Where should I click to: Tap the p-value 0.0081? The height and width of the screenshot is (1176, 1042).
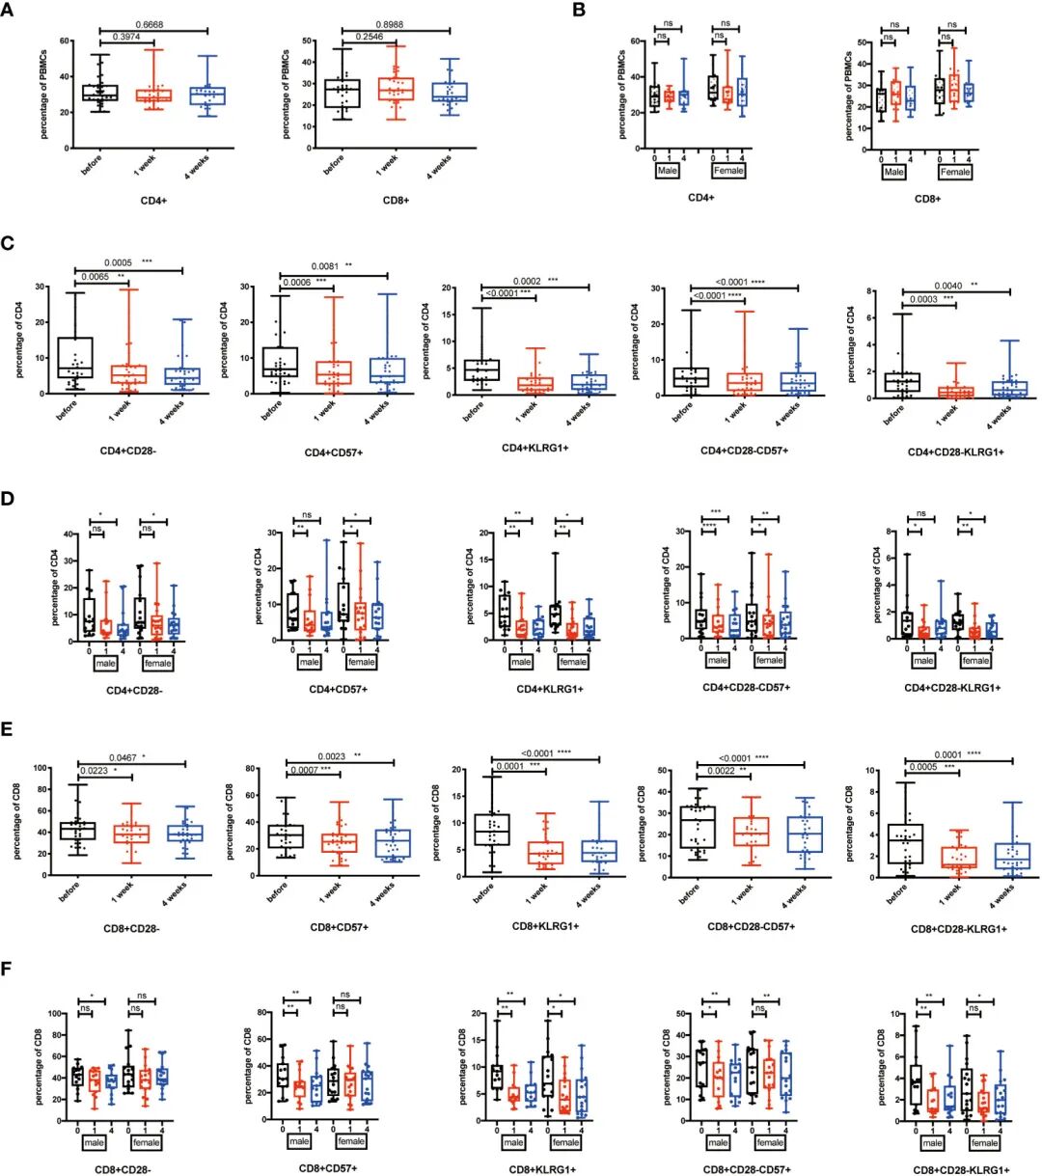[x=324, y=266]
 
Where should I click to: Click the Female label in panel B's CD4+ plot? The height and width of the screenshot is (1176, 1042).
[x=728, y=170]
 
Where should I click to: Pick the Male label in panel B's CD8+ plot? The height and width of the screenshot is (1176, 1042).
[x=894, y=172]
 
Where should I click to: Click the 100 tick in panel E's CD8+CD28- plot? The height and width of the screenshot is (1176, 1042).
[x=41, y=768]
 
